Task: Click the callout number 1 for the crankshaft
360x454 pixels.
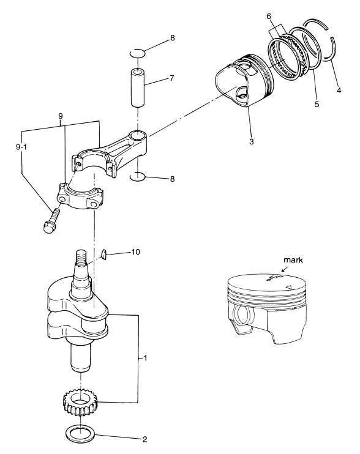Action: (x=145, y=358)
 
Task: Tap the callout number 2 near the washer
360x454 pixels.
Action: (x=144, y=439)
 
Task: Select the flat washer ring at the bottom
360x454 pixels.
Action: (x=80, y=433)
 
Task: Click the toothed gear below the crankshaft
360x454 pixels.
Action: (x=80, y=402)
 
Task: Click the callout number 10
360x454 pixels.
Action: (x=135, y=252)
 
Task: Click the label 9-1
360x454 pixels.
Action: (x=21, y=147)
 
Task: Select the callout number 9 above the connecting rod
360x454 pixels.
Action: (x=60, y=116)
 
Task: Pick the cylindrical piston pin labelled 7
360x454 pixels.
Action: (x=138, y=87)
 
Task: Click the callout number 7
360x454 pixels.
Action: (x=172, y=78)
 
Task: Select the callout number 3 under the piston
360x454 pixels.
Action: (x=252, y=141)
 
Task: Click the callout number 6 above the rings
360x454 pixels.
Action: (x=269, y=17)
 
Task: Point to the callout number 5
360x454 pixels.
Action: (x=317, y=104)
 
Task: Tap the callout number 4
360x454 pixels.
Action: (x=339, y=91)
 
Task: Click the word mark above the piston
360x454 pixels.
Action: (x=293, y=259)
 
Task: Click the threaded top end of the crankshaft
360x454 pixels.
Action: (x=81, y=258)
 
